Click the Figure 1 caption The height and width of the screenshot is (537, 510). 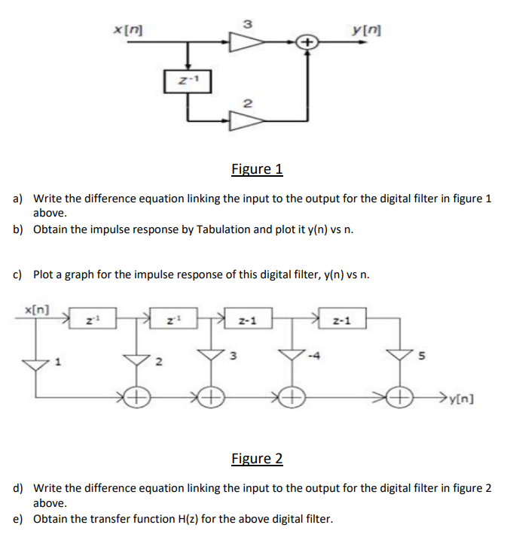click(257, 168)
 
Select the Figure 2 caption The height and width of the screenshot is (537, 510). click(257, 458)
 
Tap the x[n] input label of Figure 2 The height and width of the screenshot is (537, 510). click(38, 310)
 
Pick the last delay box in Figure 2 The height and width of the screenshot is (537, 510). click(341, 320)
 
